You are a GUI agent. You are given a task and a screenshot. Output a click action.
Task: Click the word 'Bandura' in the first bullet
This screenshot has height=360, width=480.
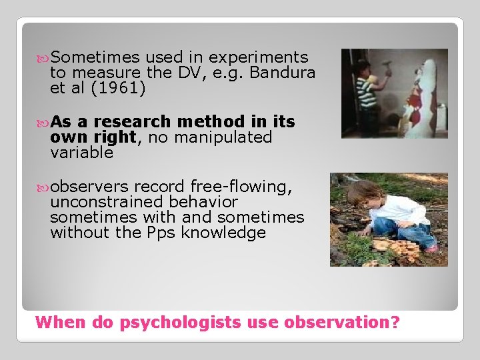click(285, 73)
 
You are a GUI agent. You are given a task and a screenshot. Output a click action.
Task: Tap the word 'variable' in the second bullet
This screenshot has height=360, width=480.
click(81, 152)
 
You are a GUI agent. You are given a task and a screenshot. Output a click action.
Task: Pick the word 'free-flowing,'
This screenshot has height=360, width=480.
click(241, 186)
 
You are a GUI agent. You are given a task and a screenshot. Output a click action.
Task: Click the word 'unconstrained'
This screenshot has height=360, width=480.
click(107, 201)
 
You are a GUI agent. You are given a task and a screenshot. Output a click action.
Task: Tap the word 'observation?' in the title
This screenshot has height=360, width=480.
click(341, 323)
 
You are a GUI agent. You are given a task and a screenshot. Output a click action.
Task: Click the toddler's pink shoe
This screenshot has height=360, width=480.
click(433, 247)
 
